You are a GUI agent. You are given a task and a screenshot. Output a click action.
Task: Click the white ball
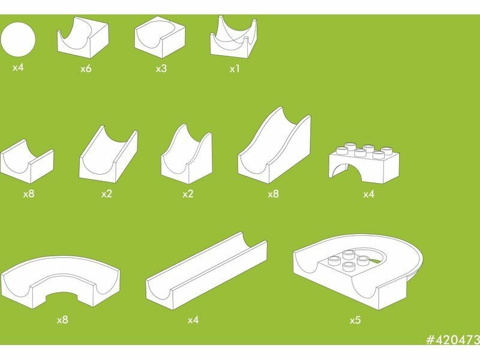18,39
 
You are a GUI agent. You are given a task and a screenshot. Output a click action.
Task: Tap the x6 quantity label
86,68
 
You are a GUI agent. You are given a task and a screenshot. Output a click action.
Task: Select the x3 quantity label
161,68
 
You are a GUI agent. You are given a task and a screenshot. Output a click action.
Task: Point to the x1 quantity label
235,69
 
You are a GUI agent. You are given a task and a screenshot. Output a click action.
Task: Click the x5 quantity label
355,320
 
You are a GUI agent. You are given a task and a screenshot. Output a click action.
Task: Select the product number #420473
453,340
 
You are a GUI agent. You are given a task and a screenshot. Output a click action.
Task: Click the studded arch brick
364,162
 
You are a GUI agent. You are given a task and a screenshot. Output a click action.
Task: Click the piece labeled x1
233,37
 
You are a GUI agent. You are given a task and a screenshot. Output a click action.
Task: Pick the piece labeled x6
83,37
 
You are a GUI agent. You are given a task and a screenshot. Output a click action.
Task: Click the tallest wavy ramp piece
274,145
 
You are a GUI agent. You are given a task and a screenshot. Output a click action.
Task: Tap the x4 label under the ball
18,68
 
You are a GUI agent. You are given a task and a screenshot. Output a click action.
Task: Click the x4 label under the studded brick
369,194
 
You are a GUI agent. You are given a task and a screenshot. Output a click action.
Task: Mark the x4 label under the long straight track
193,320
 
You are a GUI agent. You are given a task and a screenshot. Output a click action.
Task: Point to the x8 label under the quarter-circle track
62,320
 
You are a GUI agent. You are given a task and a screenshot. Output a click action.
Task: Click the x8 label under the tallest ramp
274,194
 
